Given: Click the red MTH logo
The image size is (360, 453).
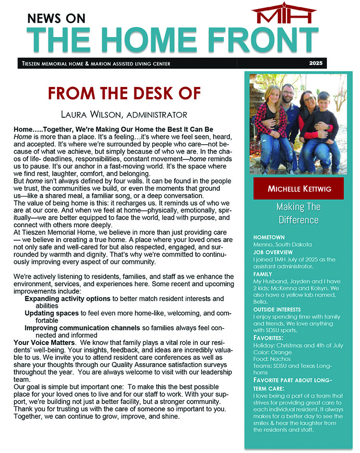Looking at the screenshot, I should [284, 14].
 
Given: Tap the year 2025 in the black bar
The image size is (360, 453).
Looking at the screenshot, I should [315, 63].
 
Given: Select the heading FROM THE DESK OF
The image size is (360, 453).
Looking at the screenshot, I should [124, 93].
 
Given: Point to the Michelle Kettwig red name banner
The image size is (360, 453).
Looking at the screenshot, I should [299, 188].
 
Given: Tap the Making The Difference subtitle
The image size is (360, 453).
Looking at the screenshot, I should [297, 214].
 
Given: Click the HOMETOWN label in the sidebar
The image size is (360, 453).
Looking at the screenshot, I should [269, 237].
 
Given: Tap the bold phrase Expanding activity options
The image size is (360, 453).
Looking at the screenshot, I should [68, 299].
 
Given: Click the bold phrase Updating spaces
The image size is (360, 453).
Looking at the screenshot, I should [51, 313].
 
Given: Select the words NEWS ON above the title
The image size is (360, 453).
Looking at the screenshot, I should [56, 18].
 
